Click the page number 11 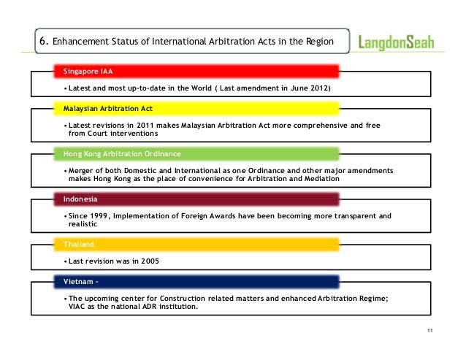point(430,333)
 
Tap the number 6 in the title point(44,41)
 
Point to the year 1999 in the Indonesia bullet point(97,216)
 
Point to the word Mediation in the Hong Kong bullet point(370,180)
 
